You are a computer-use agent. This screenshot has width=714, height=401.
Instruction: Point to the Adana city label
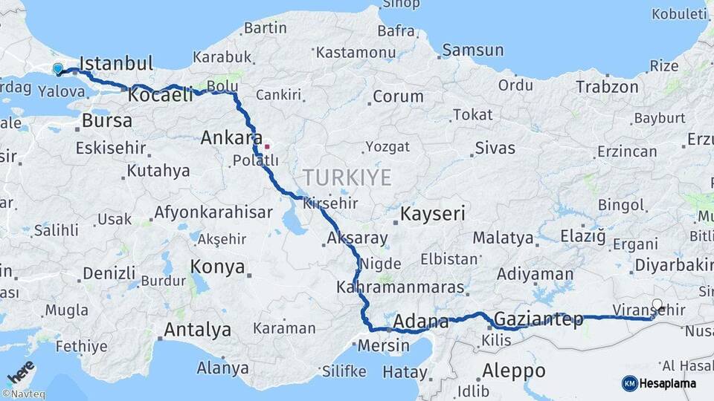point(421,322)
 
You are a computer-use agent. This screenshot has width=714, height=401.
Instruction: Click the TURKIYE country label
point(347,177)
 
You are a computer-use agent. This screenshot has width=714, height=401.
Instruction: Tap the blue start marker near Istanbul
point(58,69)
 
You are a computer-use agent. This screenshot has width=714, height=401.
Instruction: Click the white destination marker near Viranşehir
point(657,304)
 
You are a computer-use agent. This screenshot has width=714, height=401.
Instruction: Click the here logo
point(20,371)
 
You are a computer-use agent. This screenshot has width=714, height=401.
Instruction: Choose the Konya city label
point(217,267)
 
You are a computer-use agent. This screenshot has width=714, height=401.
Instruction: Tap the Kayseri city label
point(433,215)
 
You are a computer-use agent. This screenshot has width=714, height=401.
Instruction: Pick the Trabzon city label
point(607,87)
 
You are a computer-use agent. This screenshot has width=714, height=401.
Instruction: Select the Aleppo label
point(513,371)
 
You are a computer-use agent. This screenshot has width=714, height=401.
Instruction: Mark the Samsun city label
point(473,50)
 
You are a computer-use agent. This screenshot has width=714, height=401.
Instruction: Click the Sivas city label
point(495,148)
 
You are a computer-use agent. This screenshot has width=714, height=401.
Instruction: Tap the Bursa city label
point(107,120)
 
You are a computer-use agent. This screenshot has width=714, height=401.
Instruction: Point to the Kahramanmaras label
point(400,287)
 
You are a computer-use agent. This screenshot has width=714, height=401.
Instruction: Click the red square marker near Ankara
point(267,146)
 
